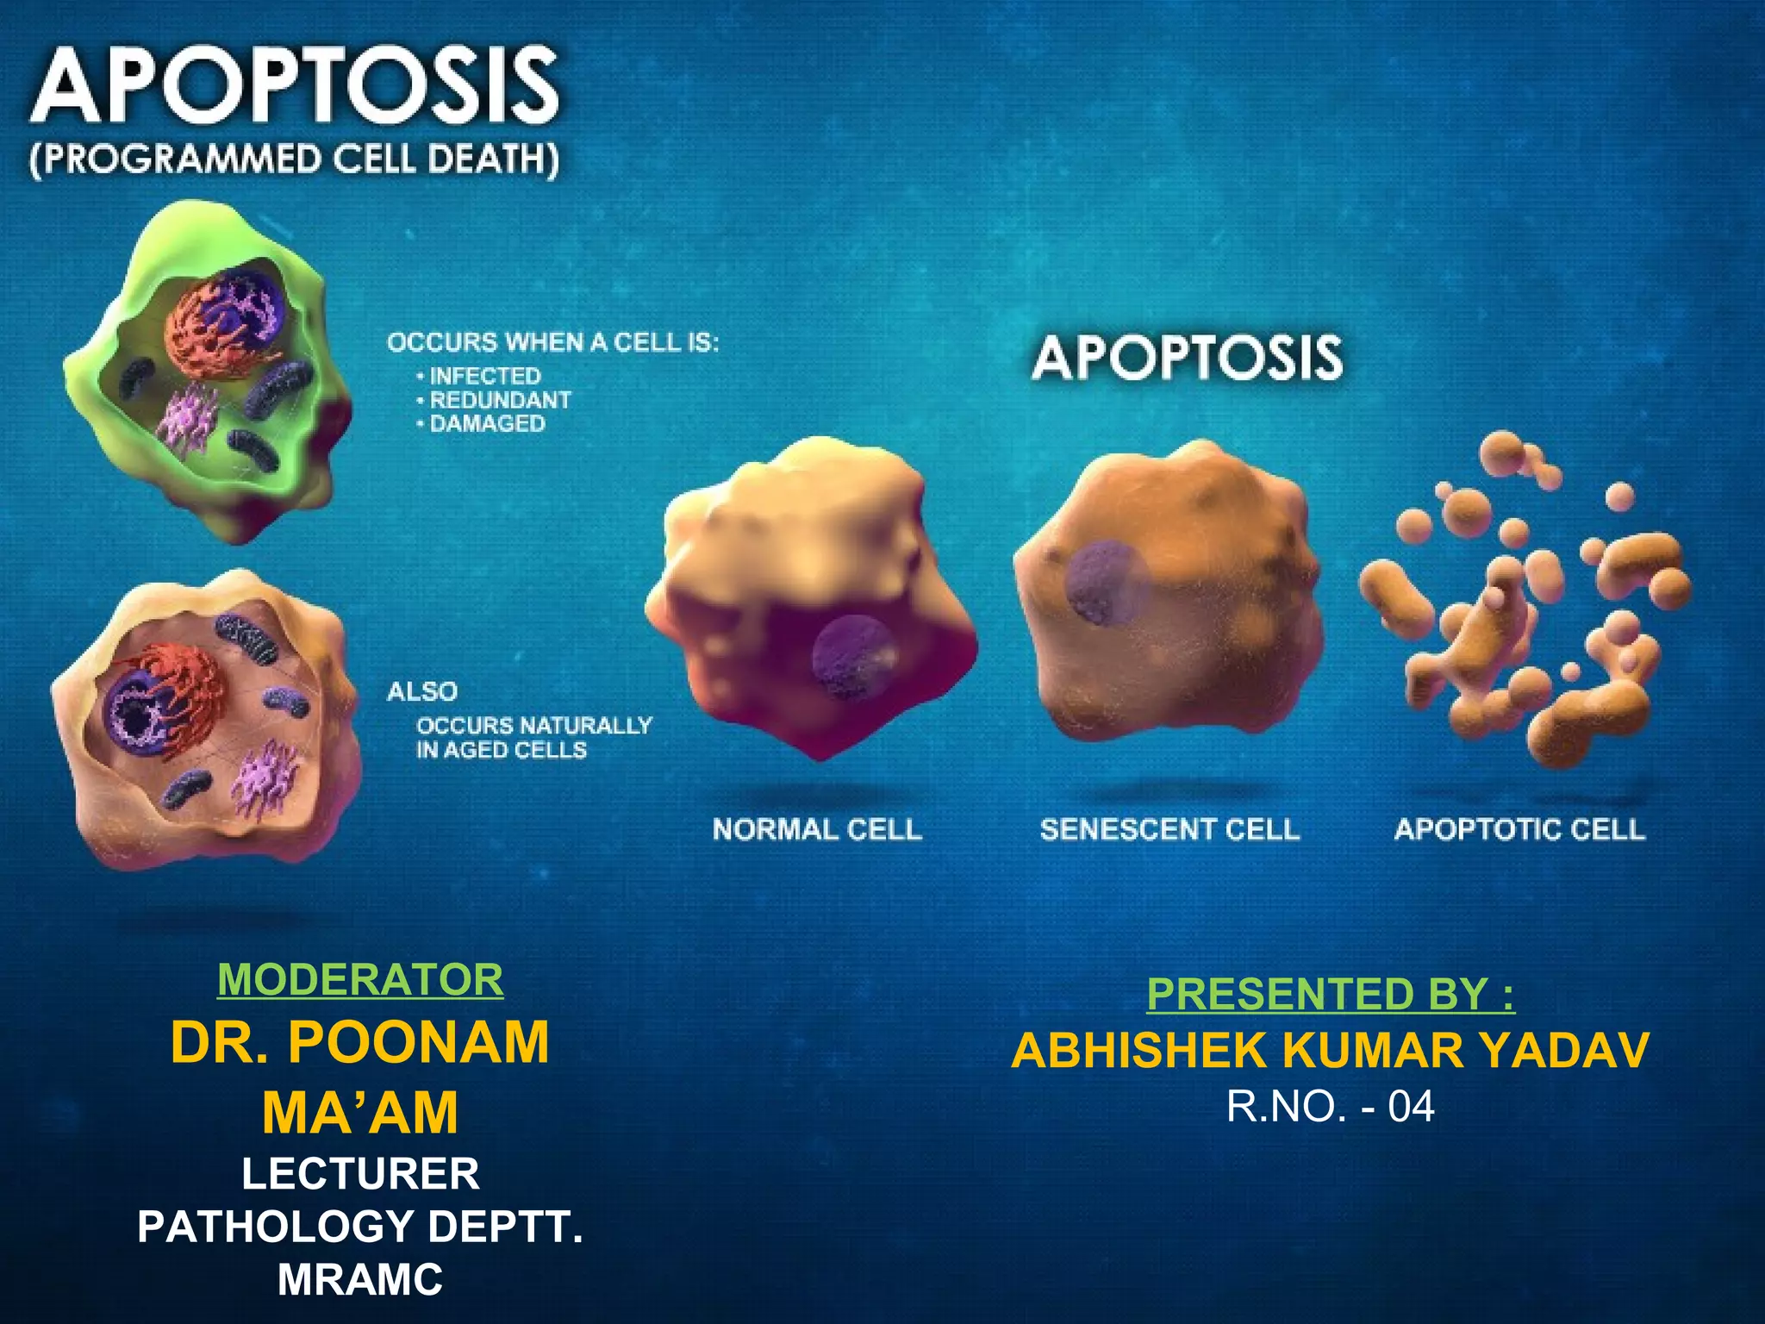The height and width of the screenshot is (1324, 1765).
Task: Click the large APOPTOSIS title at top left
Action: (295, 86)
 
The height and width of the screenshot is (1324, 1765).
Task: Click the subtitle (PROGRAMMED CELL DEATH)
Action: (295, 160)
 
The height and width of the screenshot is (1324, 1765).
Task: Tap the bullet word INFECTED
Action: (485, 376)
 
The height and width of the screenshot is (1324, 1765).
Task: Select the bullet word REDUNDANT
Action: (500, 400)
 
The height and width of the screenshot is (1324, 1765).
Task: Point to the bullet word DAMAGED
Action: (487, 423)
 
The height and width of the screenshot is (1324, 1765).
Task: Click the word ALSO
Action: (422, 691)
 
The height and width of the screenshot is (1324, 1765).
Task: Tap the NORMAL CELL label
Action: (817, 829)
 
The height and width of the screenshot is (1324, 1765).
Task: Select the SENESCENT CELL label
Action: (1169, 829)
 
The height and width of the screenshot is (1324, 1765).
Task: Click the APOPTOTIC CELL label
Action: (1519, 829)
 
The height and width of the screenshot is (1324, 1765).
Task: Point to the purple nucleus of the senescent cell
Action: (1107, 582)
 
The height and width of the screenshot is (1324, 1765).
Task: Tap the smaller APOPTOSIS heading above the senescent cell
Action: (1187, 359)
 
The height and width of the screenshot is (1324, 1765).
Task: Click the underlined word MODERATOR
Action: (360, 980)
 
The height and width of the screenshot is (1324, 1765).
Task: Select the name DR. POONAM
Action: (360, 1042)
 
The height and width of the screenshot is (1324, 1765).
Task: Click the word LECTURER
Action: (360, 1174)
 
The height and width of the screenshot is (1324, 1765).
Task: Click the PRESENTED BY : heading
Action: (1331, 994)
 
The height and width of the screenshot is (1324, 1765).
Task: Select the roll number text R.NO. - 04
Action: (1331, 1107)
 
